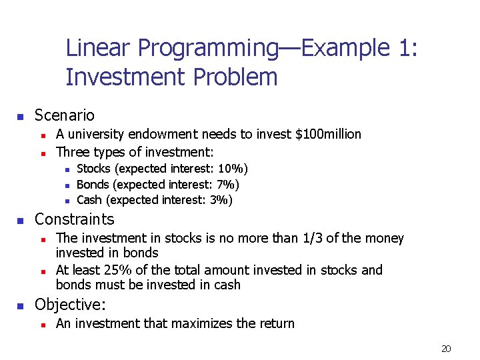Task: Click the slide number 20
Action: pos(446,349)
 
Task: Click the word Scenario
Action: pos(64,115)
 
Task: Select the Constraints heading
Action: pos(74,219)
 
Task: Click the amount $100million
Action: pos(327,134)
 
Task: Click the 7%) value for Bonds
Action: pos(228,185)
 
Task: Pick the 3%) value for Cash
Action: pos(221,200)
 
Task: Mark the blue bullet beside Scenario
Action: pos(21,117)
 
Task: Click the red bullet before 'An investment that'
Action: pos(42,325)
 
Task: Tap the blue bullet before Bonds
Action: pos(67,185)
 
